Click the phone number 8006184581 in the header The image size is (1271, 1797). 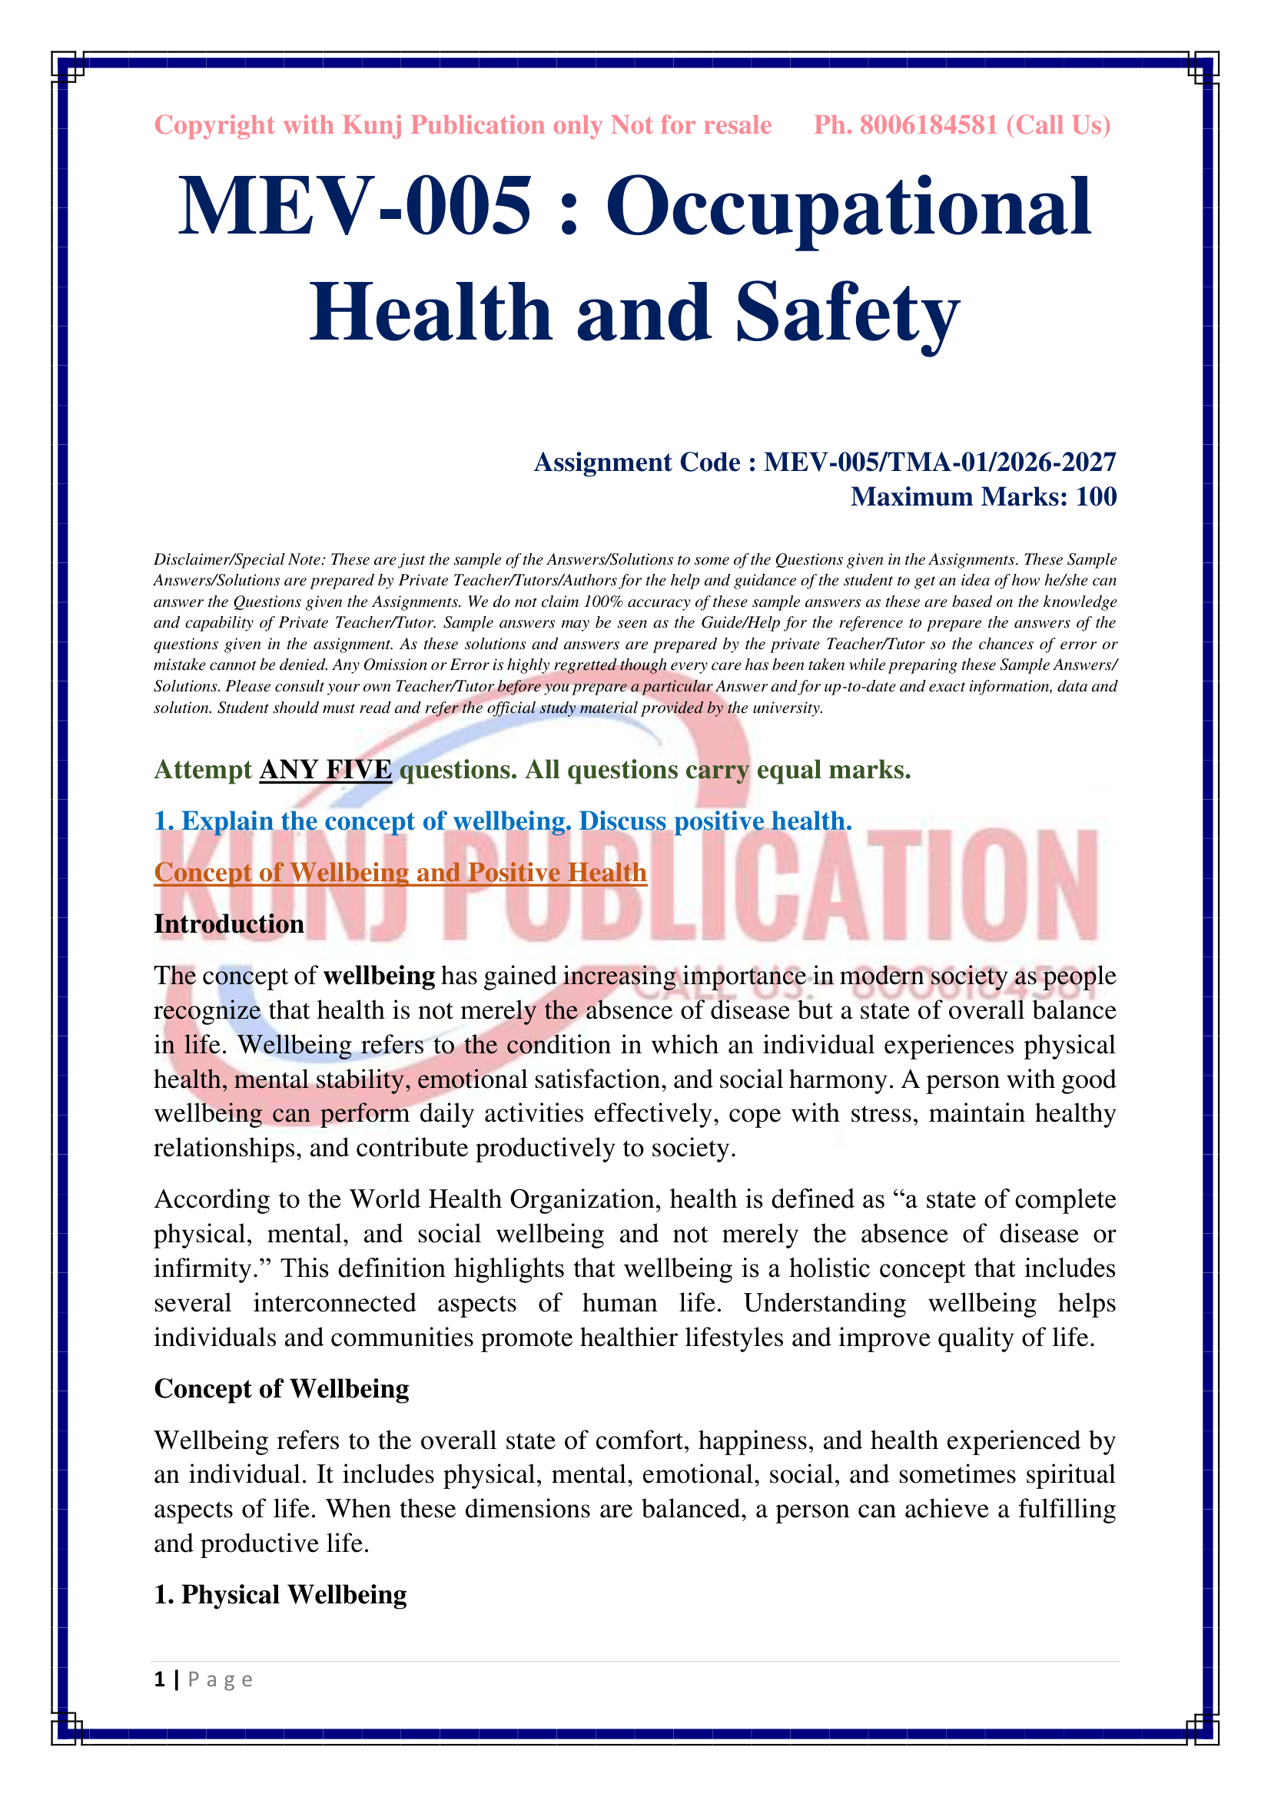928,125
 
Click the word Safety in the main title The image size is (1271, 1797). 847,313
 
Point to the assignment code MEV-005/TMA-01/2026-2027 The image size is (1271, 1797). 939,463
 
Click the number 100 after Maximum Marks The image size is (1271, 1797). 1096,497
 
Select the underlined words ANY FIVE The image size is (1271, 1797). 326,770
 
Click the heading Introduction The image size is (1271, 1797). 229,924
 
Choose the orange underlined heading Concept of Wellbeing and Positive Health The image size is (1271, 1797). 400,873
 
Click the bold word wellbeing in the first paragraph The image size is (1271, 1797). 379,976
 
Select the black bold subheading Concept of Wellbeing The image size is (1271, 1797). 282,1389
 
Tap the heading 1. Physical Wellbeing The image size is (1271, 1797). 280,1595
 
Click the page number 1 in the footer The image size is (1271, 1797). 161,1679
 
